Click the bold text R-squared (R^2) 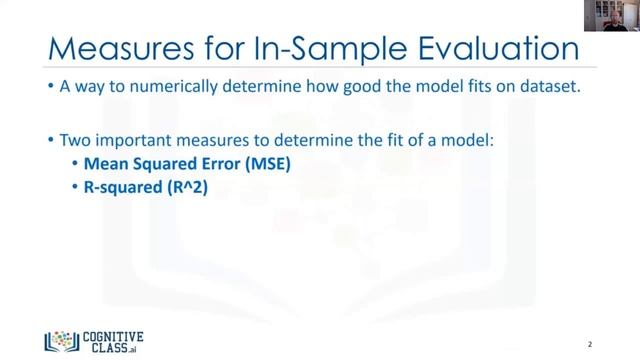click(x=147, y=186)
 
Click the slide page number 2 click(x=590, y=341)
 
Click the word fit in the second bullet click(x=403, y=141)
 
